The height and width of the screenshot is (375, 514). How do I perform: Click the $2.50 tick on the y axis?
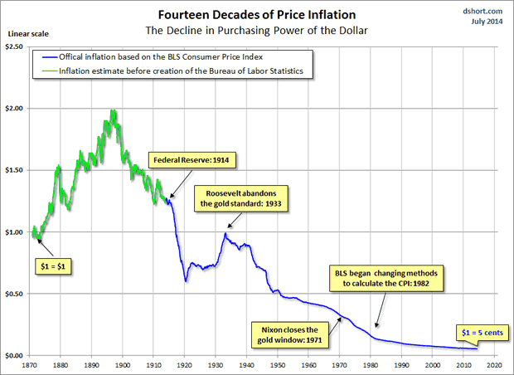pyautogui.click(x=16, y=46)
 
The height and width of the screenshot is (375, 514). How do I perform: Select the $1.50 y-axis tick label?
pyautogui.click(x=16, y=170)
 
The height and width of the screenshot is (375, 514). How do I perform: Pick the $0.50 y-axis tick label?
pyautogui.click(x=16, y=294)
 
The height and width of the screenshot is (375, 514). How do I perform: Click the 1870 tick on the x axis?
pyautogui.click(x=31, y=364)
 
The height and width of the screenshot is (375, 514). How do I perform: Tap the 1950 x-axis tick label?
pyautogui.click(x=278, y=364)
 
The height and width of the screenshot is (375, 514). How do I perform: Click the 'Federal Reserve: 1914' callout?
pyautogui.click(x=187, y=158)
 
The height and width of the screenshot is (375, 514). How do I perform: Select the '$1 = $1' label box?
pyautogui.click(x=53, y=267)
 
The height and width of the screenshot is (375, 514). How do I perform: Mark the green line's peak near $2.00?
pyautogui.click(x=111, y=111)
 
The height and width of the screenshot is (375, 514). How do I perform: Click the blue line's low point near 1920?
pyautogui.click(x=186, y=280)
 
